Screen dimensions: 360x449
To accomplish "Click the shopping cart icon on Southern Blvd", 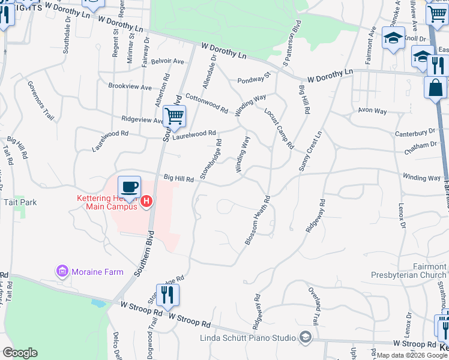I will point(174,116).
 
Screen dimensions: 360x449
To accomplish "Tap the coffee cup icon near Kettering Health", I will point(129,186).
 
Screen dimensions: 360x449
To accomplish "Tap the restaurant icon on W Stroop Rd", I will point(167,294).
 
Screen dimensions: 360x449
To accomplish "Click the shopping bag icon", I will point(435,88).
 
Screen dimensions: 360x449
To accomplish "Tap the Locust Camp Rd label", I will point(279,128).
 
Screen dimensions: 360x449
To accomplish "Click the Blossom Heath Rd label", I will point(258,220).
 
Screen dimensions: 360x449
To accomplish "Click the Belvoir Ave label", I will point(167,61).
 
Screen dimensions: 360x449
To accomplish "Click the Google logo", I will point(20,353).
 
